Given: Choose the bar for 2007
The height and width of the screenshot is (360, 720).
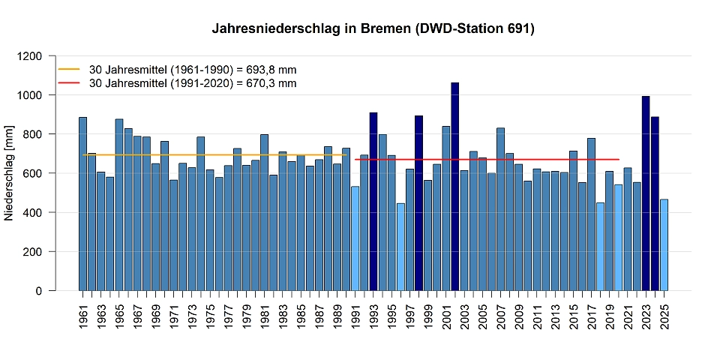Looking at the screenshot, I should point(500,209).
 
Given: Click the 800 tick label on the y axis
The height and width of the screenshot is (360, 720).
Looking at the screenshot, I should point(39,134).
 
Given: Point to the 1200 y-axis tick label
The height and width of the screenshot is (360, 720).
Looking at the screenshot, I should point(36,56).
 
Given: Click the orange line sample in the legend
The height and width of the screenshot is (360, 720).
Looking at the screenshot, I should point(69,69).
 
